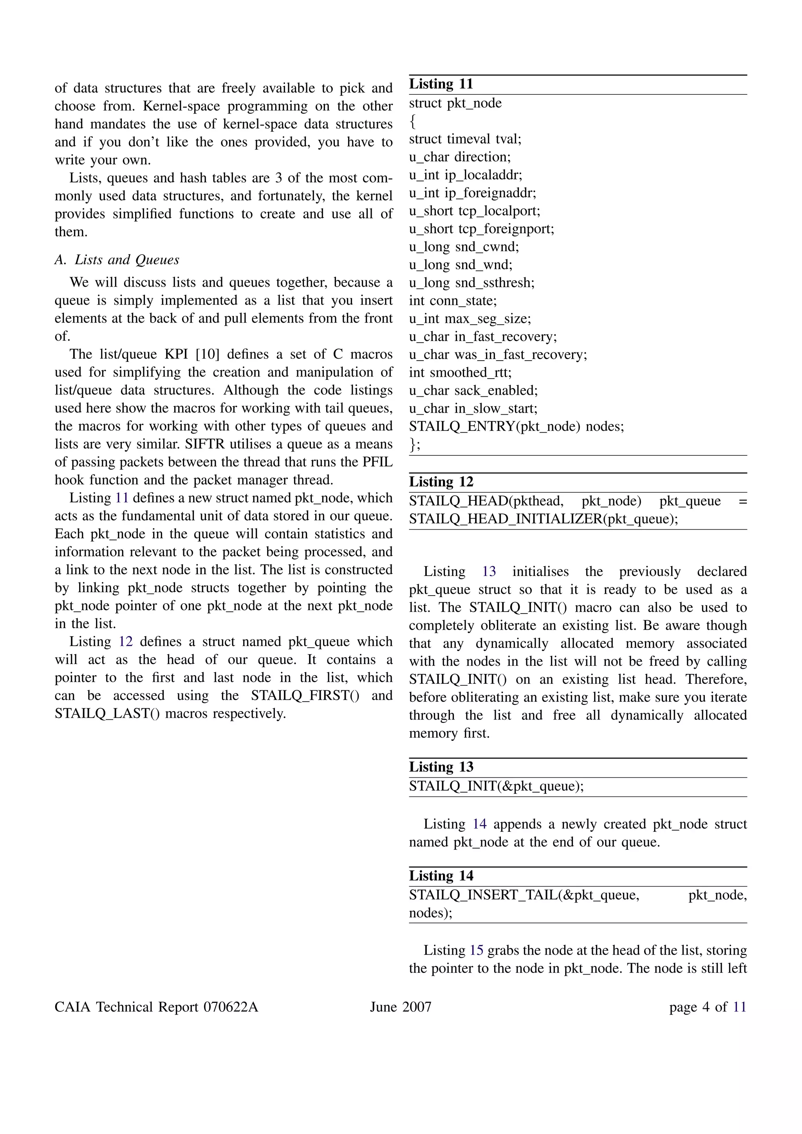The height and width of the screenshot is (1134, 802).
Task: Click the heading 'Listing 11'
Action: click(441, 84)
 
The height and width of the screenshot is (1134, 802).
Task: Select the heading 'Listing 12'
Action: click(441, 482)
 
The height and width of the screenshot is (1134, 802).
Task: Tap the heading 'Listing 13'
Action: click(441, 767)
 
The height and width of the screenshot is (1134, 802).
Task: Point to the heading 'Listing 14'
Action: click(441, 876)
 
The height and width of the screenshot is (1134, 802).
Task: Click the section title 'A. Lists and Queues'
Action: click(117, 260)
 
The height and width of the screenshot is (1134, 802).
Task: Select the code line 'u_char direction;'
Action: click(460, 157)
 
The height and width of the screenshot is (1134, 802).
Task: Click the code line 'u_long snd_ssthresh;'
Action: click(471, 283)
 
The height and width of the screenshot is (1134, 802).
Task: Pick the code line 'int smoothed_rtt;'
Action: click(460, 372)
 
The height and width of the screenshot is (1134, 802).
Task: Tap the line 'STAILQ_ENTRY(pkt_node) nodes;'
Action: click(516, 426)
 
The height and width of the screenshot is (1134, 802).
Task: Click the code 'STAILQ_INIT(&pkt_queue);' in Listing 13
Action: click(496, 786)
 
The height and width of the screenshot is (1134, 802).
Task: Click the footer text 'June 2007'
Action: click(401, 1007)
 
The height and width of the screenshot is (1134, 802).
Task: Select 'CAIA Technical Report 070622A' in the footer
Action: click(157, 1007)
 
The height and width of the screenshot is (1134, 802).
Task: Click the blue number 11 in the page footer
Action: click(739, 1007)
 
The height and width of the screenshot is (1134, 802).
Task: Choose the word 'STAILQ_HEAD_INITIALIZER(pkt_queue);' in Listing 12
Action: click(543, 519)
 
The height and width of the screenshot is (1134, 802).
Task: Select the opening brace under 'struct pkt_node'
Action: click(412, 121)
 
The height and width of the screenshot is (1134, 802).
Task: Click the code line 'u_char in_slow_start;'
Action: click(473, 408)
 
